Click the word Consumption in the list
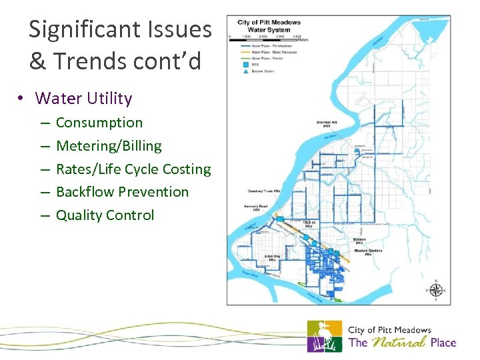tap(99, 123)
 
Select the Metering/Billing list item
tap(109, 146)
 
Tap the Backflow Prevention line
tap(122, 192)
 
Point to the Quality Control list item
tap(105, 215)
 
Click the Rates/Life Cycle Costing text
tap(133, 169)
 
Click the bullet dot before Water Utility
tap(22, 99)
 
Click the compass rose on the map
tap(435, 290)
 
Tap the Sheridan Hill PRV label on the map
tap(331, 125)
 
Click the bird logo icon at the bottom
tap(324, 336)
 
